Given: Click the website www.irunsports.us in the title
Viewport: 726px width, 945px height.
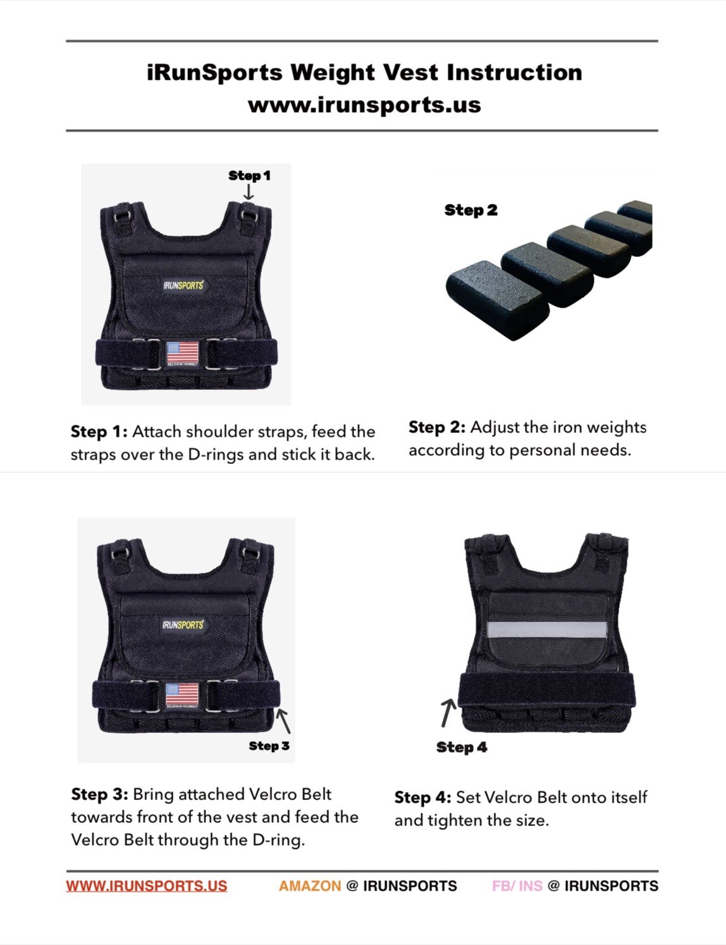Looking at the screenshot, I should [x=364, y=105].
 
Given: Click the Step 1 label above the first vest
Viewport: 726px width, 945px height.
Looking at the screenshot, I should [x=249, y=175].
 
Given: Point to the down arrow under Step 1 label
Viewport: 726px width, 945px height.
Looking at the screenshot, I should [x=249, y=192].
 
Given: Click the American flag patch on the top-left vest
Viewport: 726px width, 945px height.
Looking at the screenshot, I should [x=183, y=353].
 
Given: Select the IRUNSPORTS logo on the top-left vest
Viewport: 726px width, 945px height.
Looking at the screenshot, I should [x=183, y=285].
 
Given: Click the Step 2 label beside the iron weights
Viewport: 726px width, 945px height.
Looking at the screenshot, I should [x=471, y=210].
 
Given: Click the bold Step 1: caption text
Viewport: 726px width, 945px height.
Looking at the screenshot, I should [x=99, y=432].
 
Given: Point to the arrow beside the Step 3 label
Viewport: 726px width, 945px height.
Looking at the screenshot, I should [x=284, y=720].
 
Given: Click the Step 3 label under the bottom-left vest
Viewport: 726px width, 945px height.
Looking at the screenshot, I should [x=269, y=746].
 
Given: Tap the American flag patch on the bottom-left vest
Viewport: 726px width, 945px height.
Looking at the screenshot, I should [x=182, y=694].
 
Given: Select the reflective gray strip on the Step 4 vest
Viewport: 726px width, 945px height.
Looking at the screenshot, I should [x=546, y=629].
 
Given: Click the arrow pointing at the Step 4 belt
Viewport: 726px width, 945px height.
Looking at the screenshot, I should [x=448, y=712].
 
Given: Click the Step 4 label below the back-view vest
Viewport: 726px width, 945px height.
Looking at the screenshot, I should [x=462, y=748].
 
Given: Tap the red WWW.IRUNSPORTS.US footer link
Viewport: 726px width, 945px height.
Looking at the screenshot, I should [x=147, y=886].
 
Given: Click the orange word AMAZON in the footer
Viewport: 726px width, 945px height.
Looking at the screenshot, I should [x=310, y=886].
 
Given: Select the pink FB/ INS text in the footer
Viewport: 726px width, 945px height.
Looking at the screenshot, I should [x=517, y=886].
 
